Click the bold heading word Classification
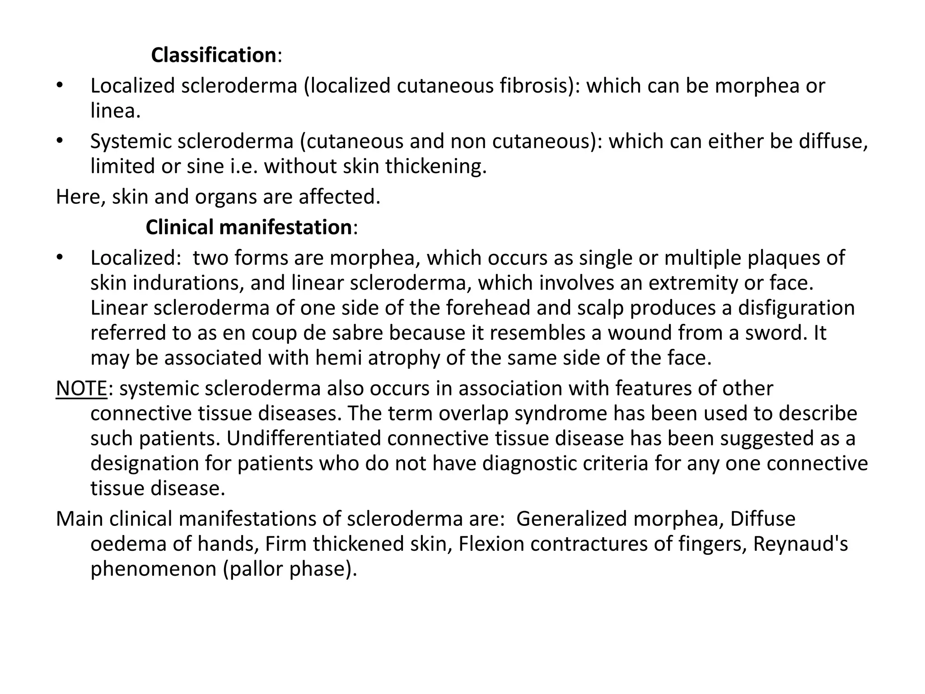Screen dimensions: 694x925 click(x=213, y=55)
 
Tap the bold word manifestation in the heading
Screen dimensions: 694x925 click(x=285, y=227)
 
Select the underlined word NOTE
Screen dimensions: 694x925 click(x=81, y=389)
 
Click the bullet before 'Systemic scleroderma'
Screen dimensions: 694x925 click(x=59, y=141)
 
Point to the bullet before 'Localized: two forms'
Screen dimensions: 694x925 click(x=59, y=258)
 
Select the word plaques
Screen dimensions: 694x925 click(x=782, y=258)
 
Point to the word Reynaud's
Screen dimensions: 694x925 click(x=800, y=544)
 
